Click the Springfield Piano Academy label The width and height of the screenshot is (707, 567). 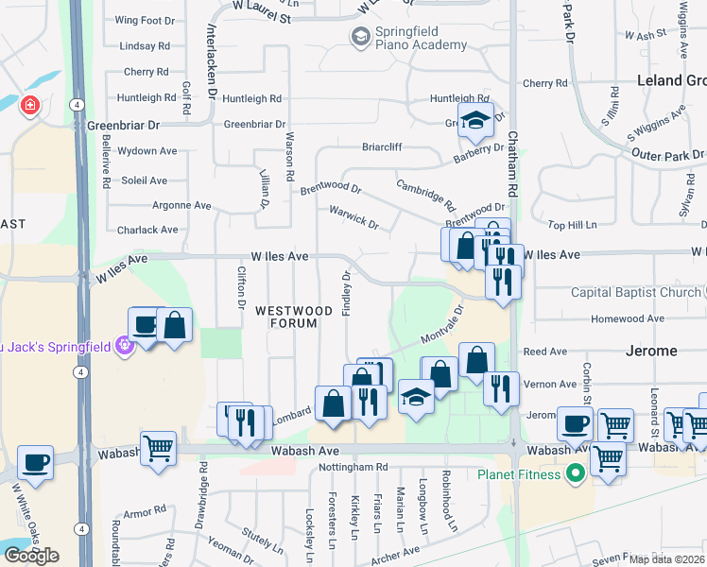408,38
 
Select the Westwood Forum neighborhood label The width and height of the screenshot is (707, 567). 294,318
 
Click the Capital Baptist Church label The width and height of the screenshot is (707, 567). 636,292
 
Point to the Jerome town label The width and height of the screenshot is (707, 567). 651,351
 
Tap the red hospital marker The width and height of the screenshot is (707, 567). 30,104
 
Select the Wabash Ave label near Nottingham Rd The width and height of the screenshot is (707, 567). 304,451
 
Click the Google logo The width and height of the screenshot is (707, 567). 31,555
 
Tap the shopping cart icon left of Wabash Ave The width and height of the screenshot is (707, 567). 158,446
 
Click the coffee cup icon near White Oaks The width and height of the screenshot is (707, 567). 35,462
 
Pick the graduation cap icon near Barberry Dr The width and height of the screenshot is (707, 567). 476,119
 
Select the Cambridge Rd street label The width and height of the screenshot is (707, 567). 426,196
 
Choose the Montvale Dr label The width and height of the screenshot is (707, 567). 440,326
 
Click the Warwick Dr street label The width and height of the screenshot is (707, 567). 353,216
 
